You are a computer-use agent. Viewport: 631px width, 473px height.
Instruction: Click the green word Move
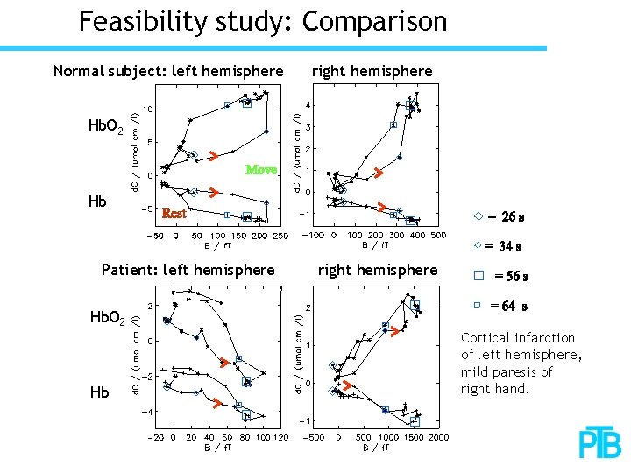click(x=261, y=169)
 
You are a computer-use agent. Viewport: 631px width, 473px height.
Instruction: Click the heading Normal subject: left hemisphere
click(x=168, y=70)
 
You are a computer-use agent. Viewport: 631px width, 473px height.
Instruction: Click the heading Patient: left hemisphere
click(x=188, y=270)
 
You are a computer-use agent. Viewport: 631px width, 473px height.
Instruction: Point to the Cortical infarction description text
click(x=521, y=363)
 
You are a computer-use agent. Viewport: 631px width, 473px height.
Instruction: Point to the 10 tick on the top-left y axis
click(x=151, y=109)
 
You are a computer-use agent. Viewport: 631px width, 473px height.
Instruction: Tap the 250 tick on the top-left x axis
click(x=280, y=236)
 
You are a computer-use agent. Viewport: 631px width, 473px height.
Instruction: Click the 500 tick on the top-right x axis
click(x=437, y=236)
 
